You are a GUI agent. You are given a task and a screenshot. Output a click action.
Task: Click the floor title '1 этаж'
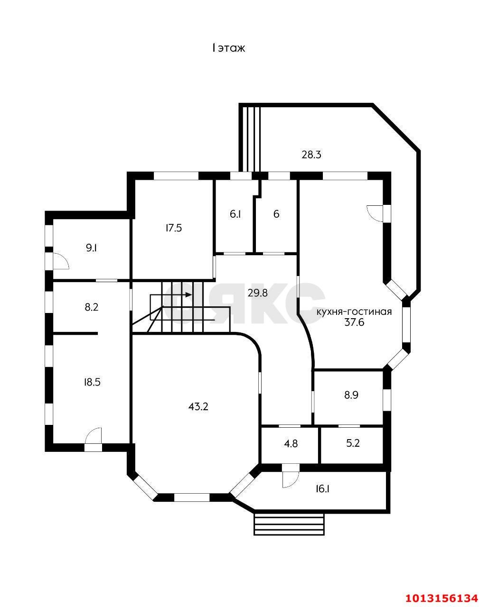(228, 48)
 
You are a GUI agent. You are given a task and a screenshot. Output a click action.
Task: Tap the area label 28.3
(311, 155)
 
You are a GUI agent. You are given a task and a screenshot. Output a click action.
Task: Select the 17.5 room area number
(174, 228)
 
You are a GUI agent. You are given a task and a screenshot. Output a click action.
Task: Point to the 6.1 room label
(235, 214)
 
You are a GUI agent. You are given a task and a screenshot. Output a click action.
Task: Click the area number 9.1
(92, 248)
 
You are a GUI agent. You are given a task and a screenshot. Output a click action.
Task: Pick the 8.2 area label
(91, 307)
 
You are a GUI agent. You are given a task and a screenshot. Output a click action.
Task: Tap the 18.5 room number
(92, 383)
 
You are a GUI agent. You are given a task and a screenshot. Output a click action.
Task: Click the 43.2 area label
(198, 406)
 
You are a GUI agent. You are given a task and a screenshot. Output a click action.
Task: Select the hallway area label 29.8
(257, 294)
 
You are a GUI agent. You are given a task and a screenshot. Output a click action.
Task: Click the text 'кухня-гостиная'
(354, 312)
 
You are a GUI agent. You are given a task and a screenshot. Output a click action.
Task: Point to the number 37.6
(354, 322)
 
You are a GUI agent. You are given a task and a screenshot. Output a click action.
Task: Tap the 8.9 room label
(351, 395)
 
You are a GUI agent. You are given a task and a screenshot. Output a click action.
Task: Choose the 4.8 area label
(291, 444)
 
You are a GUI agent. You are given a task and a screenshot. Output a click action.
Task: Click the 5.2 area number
(353, 443)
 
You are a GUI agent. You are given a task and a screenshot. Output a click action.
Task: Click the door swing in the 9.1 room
(60, 261)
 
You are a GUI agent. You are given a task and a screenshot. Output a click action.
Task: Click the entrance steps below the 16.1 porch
(289, 524)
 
